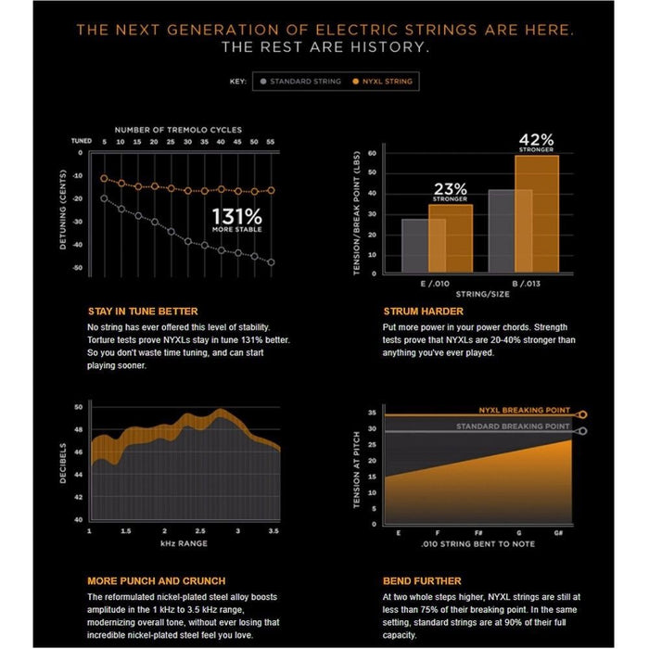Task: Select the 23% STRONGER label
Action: [x=451, y=191]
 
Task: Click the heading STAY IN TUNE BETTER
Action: [x=142, y=312]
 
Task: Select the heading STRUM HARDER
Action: [x=423, y=312]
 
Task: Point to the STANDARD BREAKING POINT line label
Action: [x=513, y=426]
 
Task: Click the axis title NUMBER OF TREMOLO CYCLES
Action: [x=179, y=131]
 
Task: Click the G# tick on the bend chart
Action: [x=569, y=532]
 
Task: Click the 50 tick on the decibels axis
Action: [x=79, y=407]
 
